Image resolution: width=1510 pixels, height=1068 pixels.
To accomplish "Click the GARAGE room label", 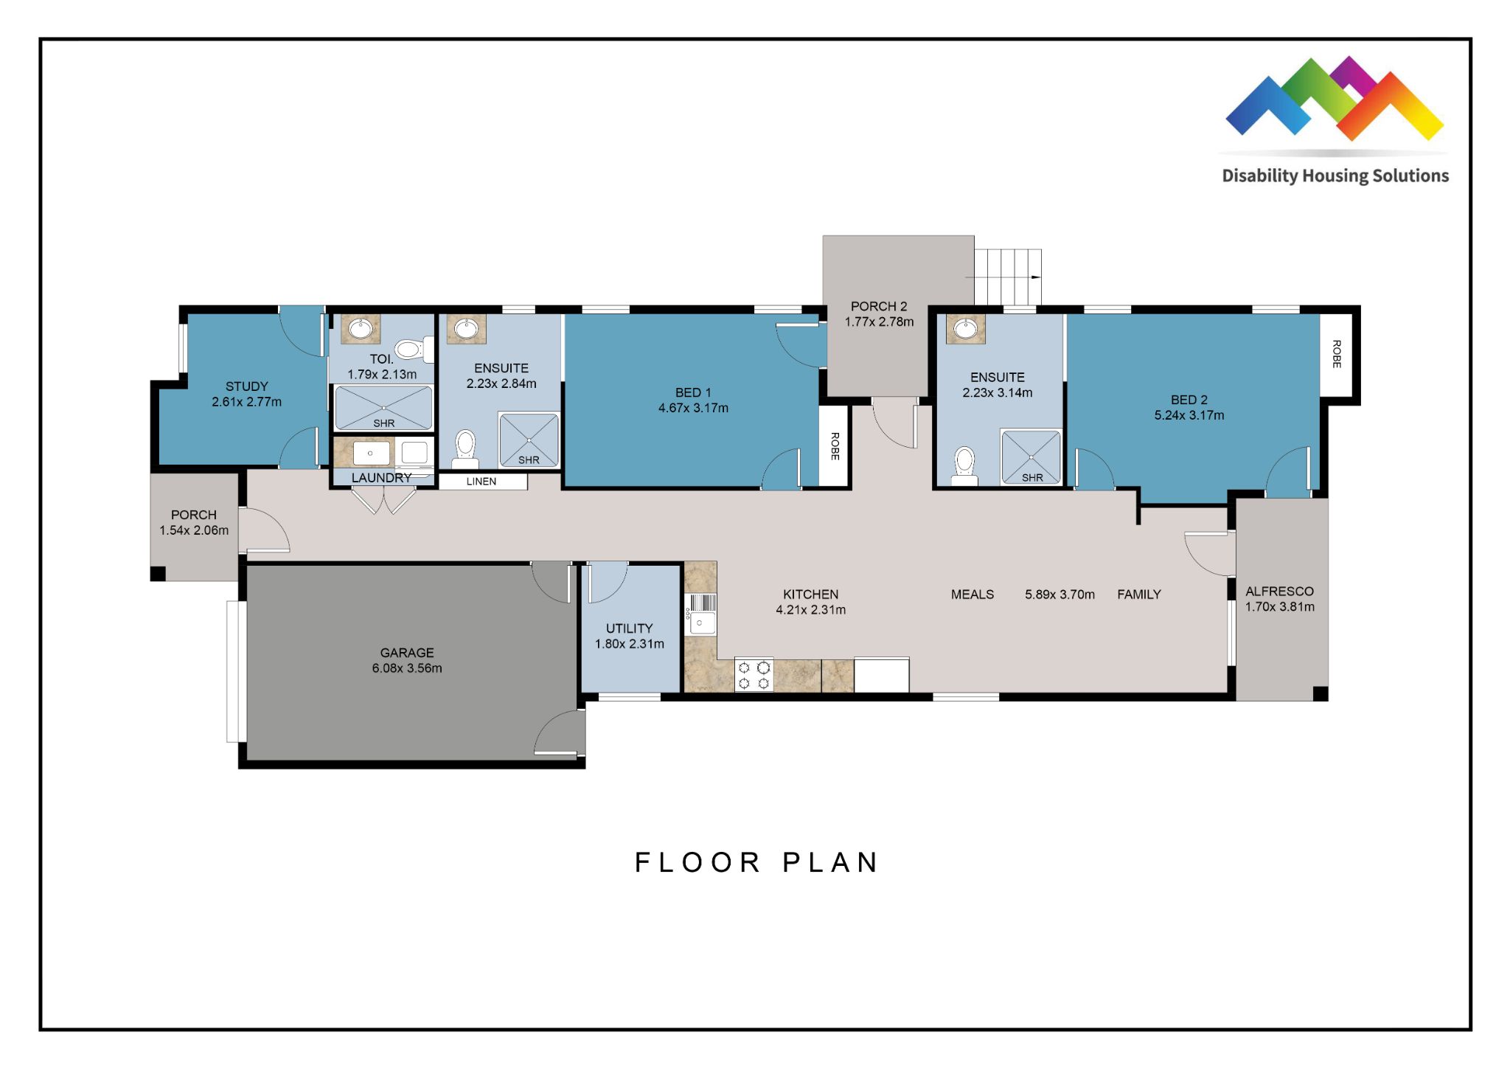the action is [x=407, y=653].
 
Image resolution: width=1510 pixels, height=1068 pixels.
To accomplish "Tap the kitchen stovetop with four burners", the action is [x=754, y=675].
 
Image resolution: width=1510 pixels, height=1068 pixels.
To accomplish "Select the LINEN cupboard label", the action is [x=481, y=482].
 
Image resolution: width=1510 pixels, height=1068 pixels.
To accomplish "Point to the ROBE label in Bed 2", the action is [x=1337, y=354].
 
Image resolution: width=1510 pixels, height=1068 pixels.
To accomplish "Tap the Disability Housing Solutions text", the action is [x=1335, y=176].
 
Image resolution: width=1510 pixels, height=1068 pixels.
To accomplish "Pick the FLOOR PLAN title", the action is [x=756, y=862].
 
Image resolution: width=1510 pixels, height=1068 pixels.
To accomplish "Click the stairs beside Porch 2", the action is [x=1007, y=277].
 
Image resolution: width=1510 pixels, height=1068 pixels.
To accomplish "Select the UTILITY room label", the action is [x=629, y=628].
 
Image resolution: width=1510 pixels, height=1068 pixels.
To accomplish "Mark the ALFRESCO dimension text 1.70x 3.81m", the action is [x=1280, y=607].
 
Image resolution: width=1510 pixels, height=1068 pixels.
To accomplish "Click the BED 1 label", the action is [x=693, y=392].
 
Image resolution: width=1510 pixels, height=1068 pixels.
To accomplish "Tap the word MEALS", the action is [x=973, y=594].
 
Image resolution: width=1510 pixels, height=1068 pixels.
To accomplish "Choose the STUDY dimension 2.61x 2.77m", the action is [x=246, y=402].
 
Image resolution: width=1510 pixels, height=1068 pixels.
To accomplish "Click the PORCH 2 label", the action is [x=879, y=306].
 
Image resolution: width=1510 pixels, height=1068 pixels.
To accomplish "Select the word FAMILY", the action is [x=1139, y=594].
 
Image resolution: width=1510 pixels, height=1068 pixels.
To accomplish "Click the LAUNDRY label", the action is [x=381, y=478].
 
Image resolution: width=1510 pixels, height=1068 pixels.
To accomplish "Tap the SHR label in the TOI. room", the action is [x=384, y=423].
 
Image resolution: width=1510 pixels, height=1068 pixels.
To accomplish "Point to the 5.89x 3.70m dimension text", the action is [x=1060, y=594].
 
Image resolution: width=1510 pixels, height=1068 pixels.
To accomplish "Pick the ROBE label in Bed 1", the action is [x=835, y=446].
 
